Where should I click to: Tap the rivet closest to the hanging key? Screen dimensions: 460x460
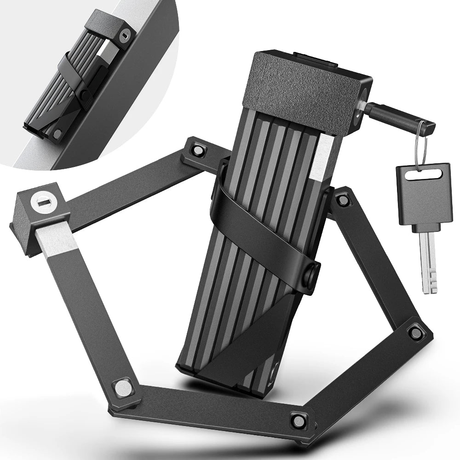point(342,199)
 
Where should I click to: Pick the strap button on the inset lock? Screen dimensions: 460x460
point(85,94)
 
